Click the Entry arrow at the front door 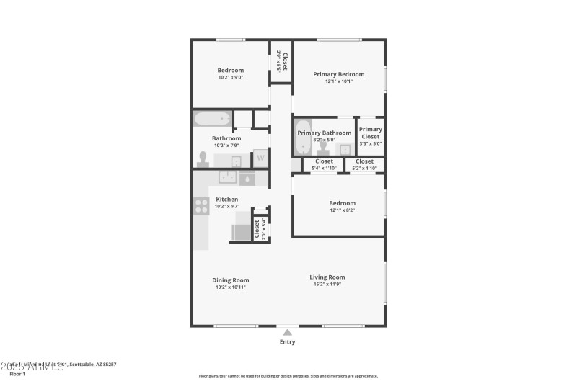(287, 332)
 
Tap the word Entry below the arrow (287, 342)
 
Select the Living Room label (327, 277)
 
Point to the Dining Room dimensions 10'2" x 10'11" (230, 287)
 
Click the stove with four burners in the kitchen (201, 207)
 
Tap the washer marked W (260, 158)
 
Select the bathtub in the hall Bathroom (212, 119)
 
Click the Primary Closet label (370, 133)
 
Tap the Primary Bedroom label (338, 74)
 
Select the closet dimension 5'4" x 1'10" (324, 169)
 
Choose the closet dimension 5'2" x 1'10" (364, 169)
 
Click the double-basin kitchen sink (229, 178)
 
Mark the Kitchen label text (226, 200)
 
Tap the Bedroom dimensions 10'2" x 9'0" (230, 78)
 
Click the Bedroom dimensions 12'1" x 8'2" (342, 210)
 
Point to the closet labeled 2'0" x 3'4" (257, 228)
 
